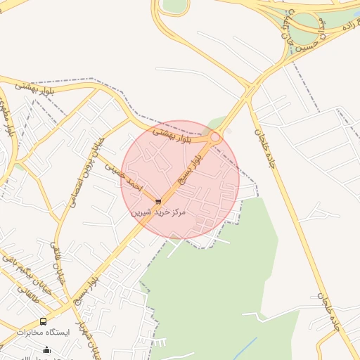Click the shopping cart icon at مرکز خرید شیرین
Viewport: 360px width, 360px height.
click(158, 201)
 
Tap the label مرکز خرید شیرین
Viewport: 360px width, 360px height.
click(158, 211)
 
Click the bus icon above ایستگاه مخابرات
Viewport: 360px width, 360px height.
click(44, 321)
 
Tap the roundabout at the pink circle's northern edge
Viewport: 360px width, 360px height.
click(216, 137)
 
